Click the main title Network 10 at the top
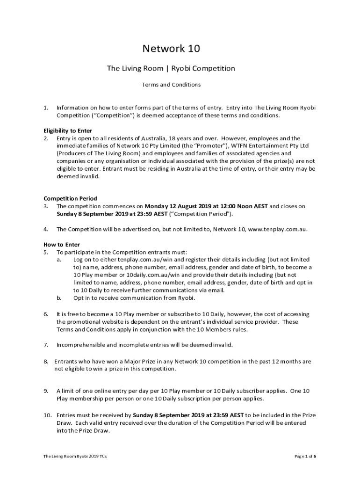coord(171,49)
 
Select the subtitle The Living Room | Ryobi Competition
coord(171,69)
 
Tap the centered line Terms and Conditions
coord(171,85)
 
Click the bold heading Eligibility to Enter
coord(68,131)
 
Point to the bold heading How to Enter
coord(62,244)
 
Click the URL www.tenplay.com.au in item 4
coord(277,229)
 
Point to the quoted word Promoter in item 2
coord(201,145)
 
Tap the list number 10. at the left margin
coord(48,415)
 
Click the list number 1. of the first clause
coord(46,108)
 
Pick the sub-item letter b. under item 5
coord(59,298)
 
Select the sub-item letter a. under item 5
coord(59,259)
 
